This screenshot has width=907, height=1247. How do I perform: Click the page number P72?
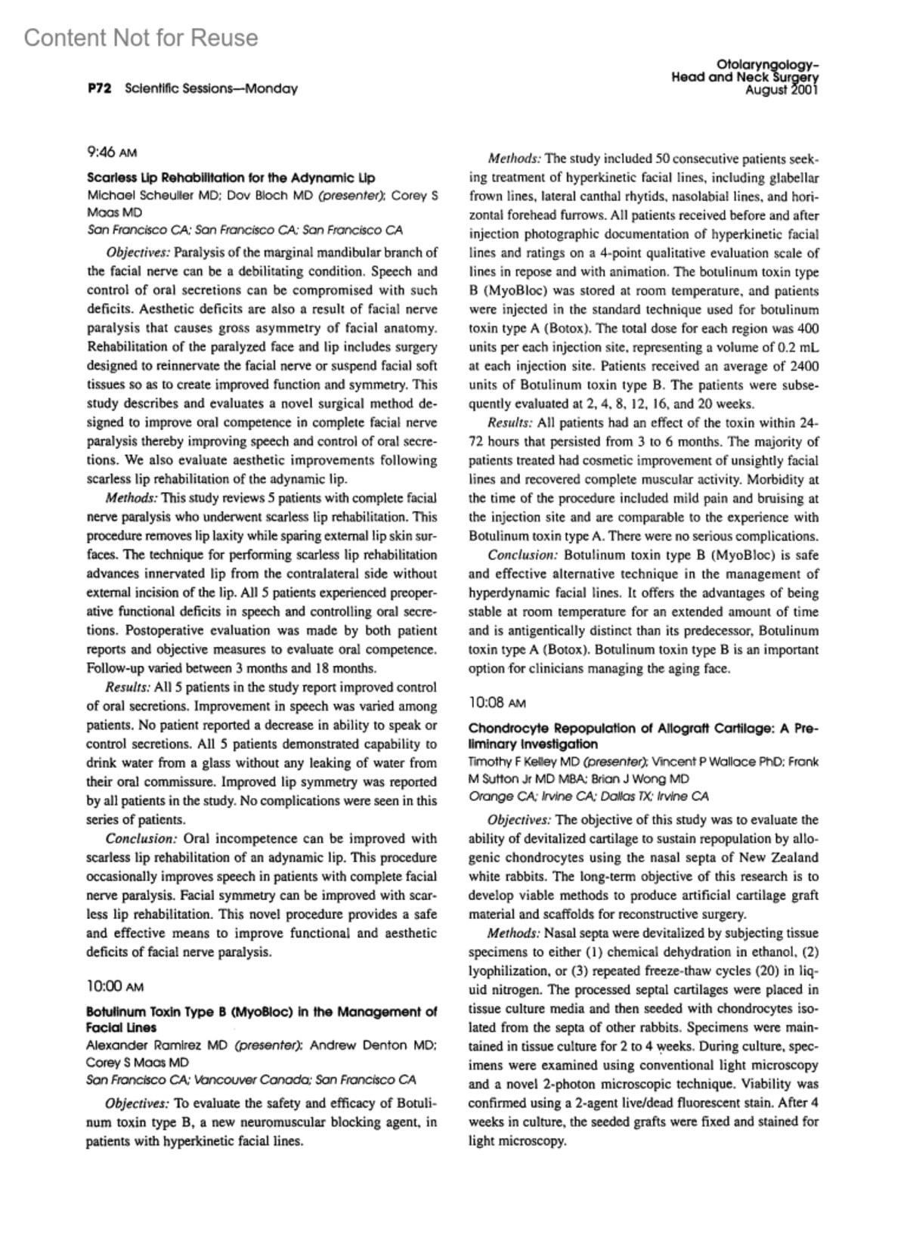pyautogui.click(x=99, y=88)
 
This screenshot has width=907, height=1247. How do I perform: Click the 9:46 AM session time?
pyautogui.click(x=112, y=153)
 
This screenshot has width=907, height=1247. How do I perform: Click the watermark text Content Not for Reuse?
pyautogui.click(x=141, y=38)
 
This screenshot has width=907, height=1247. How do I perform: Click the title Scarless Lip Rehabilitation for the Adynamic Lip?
pyautogui.click(x=231, y=178)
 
